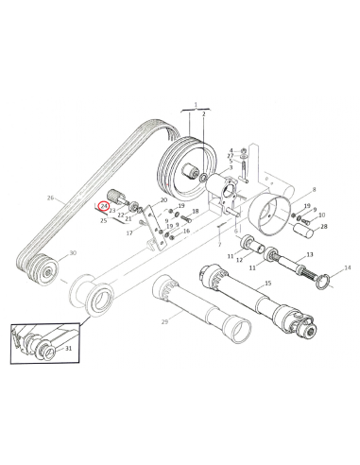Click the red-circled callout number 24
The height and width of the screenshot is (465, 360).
104,207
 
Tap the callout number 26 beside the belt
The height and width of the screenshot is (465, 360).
50,198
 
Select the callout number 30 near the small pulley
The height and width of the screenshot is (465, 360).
73,253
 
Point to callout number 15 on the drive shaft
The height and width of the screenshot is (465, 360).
267,284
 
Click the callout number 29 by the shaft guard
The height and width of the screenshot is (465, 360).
164,321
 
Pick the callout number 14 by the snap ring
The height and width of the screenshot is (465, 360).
348,267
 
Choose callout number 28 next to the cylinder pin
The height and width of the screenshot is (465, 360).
323,227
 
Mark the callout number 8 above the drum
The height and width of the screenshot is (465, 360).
314,190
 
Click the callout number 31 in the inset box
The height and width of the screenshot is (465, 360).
68,349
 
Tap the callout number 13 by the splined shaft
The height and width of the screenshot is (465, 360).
310,254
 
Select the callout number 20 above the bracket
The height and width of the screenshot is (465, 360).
163,200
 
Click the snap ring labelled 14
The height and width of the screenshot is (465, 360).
323,283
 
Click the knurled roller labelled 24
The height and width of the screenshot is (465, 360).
113,196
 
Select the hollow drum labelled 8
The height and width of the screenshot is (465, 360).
268,214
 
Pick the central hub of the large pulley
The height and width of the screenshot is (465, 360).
190,172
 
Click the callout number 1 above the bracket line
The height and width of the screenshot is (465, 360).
196,104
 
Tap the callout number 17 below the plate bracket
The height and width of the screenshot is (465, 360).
129,233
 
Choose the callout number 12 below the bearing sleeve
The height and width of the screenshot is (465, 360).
239,260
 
